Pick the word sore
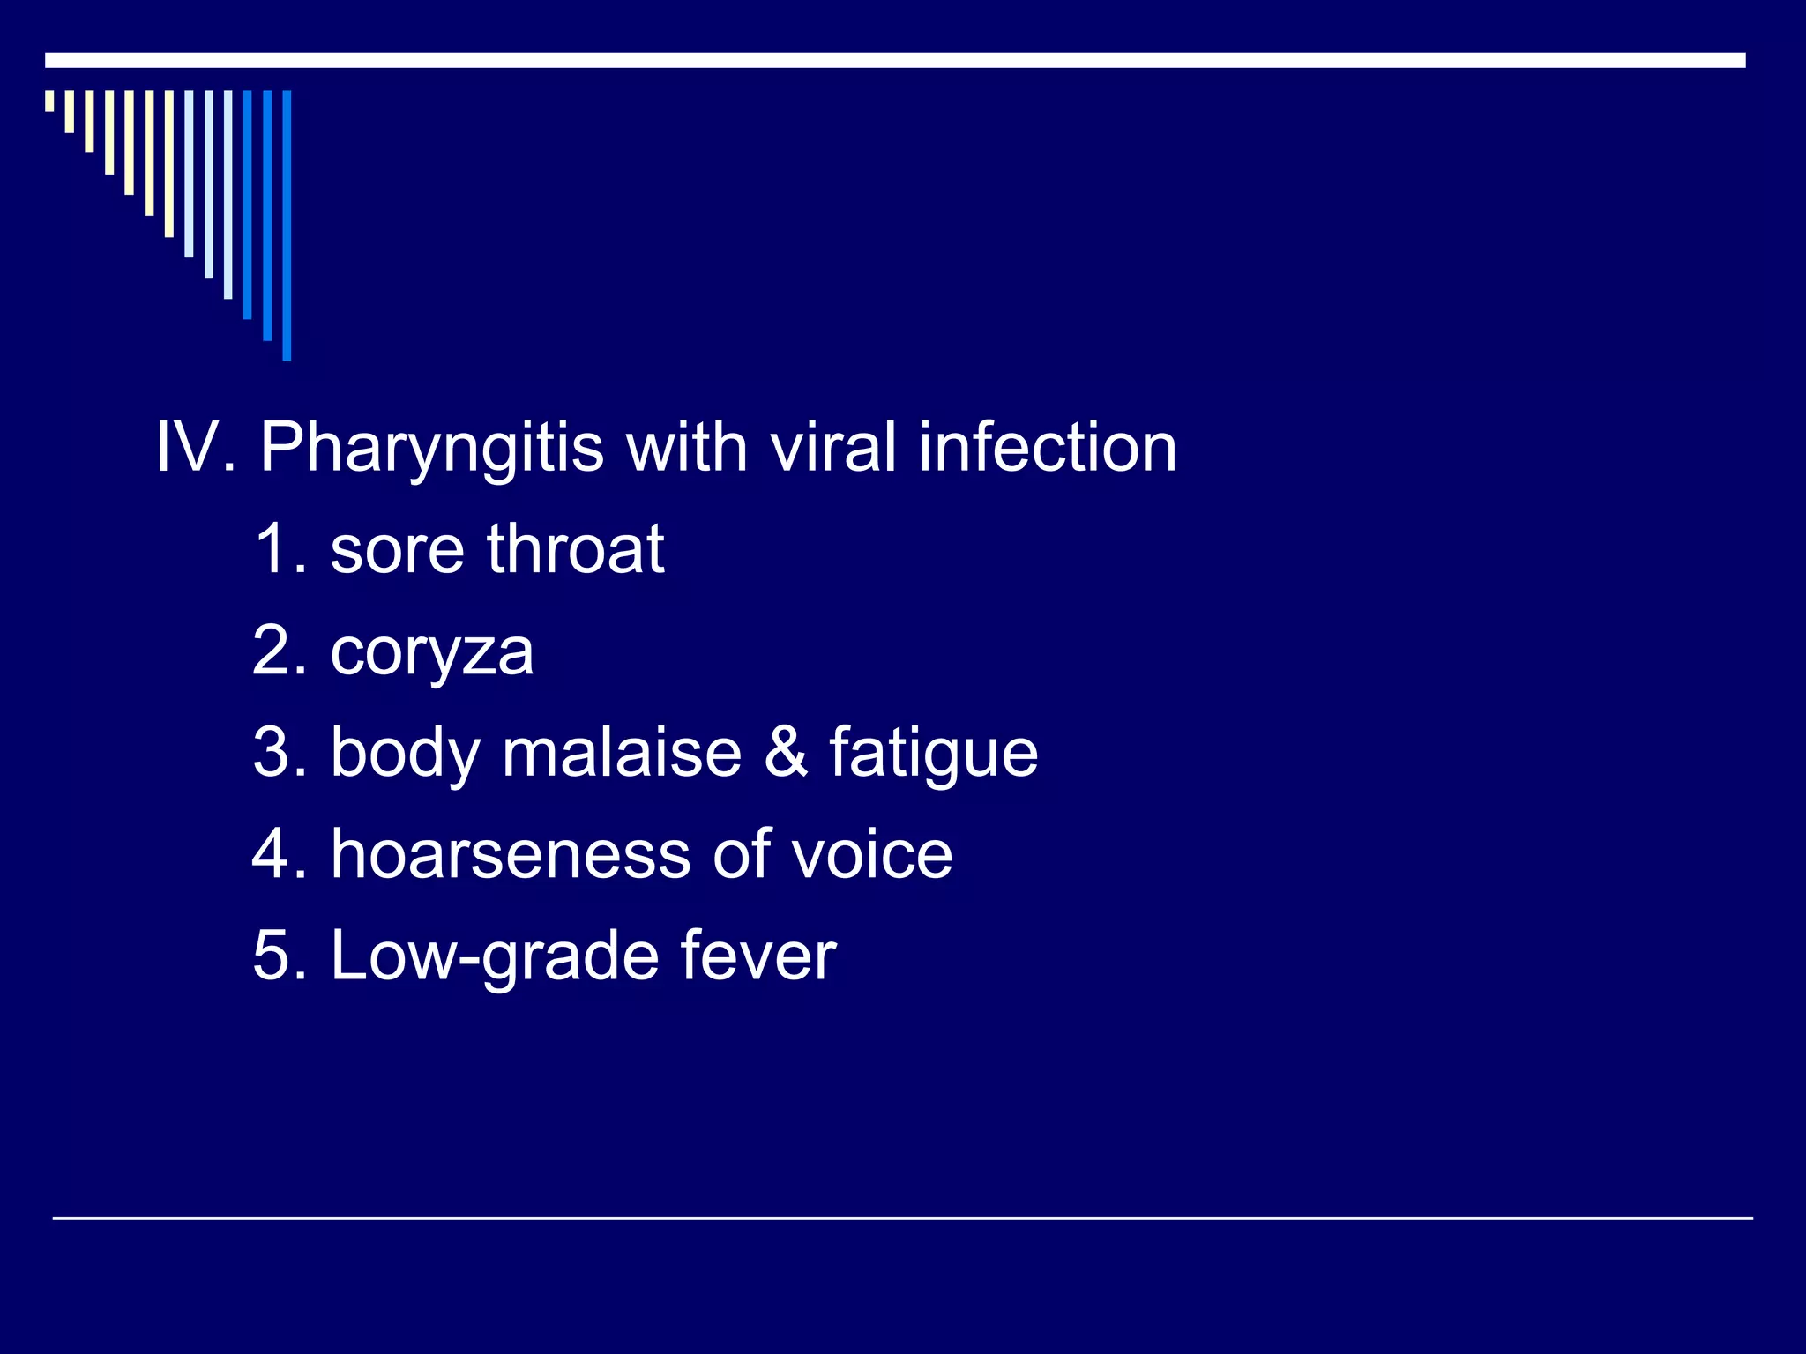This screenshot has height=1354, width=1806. [x=397, y=551]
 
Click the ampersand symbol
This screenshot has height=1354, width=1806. [x=785, y=753]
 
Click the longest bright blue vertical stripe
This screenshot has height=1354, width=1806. [x=287, y=225]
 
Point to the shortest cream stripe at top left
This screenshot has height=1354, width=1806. [x=50, y=100]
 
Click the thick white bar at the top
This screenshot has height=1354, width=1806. [x=895, y=60]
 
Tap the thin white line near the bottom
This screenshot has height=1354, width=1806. [x=902, y=1218]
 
